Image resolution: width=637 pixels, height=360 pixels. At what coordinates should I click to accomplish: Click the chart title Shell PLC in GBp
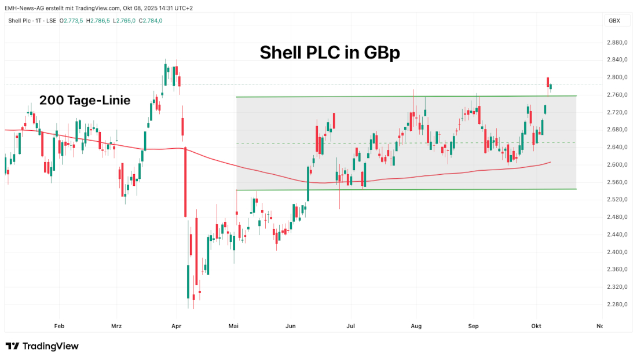point(330,53)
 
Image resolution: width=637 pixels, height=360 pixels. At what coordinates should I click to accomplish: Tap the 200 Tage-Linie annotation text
point(85,100)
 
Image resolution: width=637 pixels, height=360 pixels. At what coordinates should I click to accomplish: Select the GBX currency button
point(613,20)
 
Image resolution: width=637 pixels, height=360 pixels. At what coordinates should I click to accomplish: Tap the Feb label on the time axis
point(58,326)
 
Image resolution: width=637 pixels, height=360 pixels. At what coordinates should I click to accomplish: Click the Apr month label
point(177,326)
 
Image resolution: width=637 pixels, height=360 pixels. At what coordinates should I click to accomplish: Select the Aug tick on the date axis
point(415,326)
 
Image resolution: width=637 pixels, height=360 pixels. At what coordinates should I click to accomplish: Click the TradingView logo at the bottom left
point(42,346)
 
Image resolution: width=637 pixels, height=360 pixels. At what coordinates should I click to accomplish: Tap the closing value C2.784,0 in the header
point(150,21)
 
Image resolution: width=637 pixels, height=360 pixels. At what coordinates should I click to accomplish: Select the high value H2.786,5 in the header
point(97,21)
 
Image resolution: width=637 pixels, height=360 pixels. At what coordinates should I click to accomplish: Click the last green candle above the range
point(551,87)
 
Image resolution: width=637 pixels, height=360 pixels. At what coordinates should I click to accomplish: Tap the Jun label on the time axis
point(291,326)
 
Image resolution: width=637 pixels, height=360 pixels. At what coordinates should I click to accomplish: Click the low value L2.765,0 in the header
point(124,21)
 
